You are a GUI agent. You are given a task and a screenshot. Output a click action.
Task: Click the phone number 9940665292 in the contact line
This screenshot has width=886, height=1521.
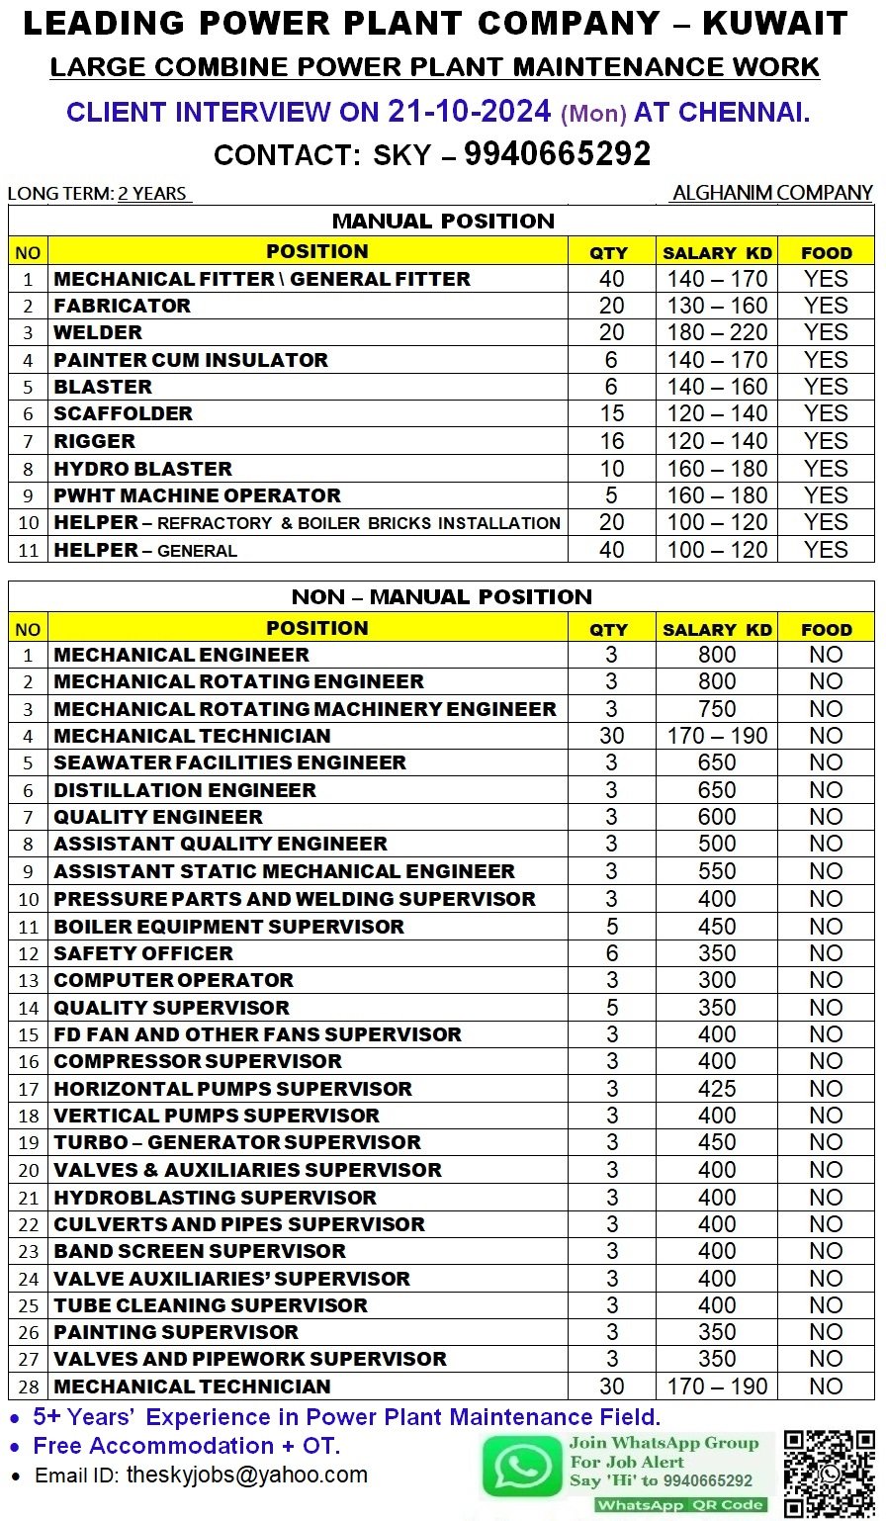[x=557, y=154]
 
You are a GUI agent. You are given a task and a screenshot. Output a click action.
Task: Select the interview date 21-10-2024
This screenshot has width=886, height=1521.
[x=469, y=112]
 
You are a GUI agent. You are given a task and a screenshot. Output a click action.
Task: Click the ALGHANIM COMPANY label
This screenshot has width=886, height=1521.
[x=772, y=193]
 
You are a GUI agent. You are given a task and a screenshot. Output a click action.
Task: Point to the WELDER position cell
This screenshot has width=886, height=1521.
[x=98, y=332]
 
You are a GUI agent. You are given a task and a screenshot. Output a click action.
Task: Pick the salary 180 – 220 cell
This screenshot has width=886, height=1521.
[x=716, y=332]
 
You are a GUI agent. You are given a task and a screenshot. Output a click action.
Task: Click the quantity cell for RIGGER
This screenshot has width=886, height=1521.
[x=611, y=441]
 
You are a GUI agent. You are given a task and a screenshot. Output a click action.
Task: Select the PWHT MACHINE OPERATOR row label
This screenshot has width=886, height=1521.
[x=197, y=495]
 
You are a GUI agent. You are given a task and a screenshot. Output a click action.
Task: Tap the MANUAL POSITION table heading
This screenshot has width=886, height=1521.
[x=443, y=221]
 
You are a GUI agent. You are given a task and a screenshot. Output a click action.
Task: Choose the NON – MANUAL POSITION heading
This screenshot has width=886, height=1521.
[x=442, y=596]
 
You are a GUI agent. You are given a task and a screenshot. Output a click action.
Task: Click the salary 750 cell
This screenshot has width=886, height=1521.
[x=716, y=709]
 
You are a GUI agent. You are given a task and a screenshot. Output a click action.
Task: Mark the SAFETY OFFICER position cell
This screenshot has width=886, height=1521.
[x=143, y=953]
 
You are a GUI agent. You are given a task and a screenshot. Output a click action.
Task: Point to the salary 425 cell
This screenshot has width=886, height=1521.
[x=716, y=1089]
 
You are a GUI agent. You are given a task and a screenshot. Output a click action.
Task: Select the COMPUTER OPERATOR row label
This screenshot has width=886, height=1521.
[x=173, y=980]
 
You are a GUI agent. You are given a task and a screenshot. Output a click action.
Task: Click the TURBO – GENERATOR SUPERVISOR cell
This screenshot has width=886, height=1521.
[x=237, y=1142]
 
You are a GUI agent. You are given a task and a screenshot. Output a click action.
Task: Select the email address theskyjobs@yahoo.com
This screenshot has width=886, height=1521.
[x=246, y=1476]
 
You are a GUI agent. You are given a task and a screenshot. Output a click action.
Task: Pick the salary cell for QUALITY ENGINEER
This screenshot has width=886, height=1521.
[x=716, y=817]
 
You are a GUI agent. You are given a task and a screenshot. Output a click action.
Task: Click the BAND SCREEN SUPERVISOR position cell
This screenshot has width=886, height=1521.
[x=200, y=1251]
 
